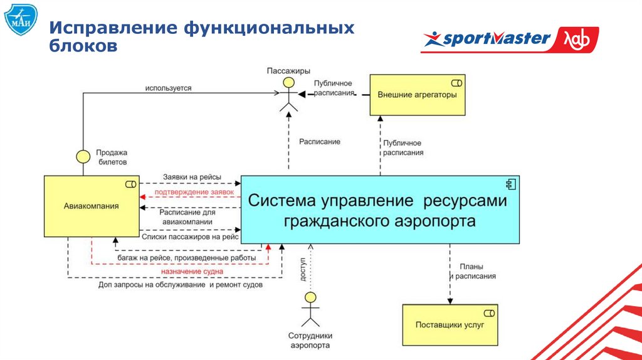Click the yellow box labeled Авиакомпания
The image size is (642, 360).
(91, 206)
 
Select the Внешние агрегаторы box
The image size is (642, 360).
(417, 95)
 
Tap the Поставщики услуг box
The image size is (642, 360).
(450, 325)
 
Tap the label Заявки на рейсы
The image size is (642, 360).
(192, 177)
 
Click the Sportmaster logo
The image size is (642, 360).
(509, 40)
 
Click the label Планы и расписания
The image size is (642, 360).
(475, 271)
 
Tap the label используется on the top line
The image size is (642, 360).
(168, 88)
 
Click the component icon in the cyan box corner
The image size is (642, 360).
(510, 184)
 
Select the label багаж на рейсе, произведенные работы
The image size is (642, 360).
(186, 258)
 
